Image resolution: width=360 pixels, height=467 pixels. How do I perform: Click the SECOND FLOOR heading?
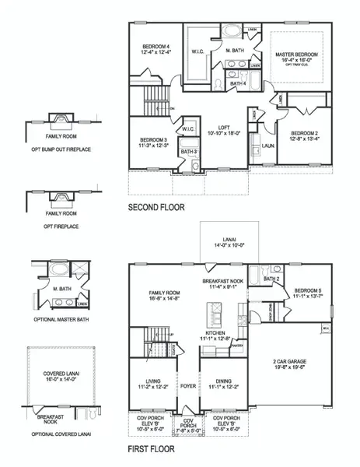click(x=158, y=209)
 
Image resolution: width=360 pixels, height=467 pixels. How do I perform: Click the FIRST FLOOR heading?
click(x=152, y=449)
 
